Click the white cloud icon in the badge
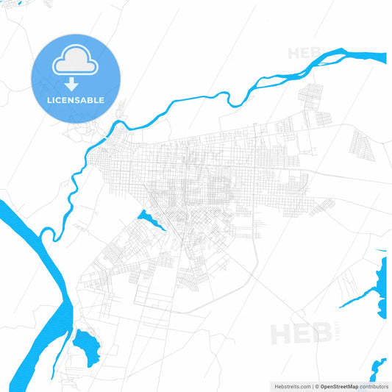coord(74,63)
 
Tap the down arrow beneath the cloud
coord(74,85)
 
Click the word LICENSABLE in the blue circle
coord(74,100)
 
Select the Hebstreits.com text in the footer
coord(291,386)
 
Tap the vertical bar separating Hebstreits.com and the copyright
coord(313,386)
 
